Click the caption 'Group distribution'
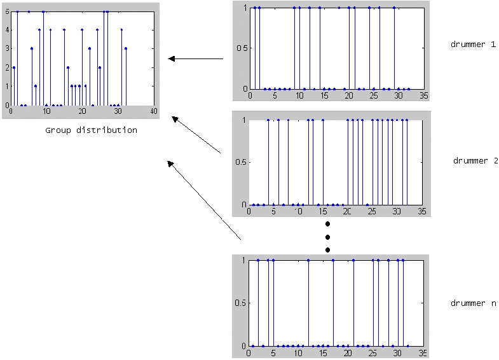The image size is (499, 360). pos(91,130)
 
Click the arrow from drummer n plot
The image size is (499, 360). pos(203,200)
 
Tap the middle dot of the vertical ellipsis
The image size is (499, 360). pos(327,237)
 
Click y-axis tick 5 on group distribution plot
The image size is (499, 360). pos(6,11)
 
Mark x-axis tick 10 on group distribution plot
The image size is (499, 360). pos(46,111)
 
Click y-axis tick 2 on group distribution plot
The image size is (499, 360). pos(6,67)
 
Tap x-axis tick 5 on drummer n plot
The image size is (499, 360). pos(273,352)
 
